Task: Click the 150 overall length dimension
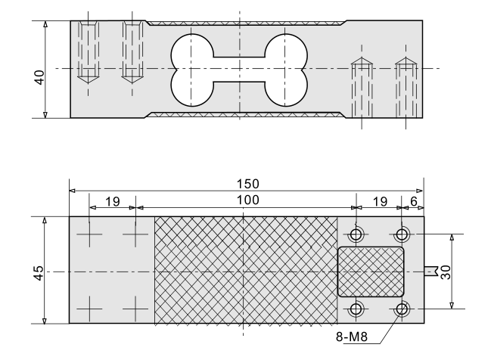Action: tap(247, 184)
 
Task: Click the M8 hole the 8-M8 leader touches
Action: tap(402, 309)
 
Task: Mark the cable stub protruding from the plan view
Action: tap(431, 271)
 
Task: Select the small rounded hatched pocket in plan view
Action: tap(370, 271)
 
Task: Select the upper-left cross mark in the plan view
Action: tap(89, 235)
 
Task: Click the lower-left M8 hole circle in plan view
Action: tap(357, 309)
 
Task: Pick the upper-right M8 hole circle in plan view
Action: tap(402, 232)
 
